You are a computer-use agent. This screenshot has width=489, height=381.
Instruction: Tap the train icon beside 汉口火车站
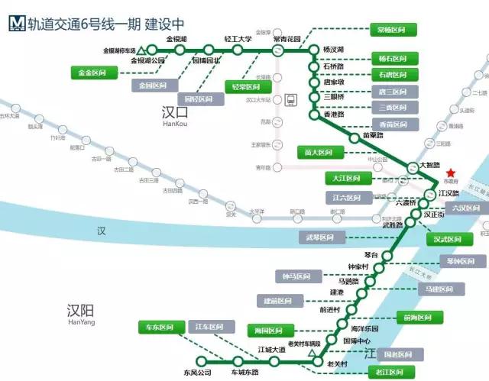pyautogui.click(x=290, y=99)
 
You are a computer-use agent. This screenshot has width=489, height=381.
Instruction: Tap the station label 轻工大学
pyautogui.click(x=238, y=39)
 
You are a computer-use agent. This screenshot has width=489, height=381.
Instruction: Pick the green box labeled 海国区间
pyautogui.click(x=271, y=330)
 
